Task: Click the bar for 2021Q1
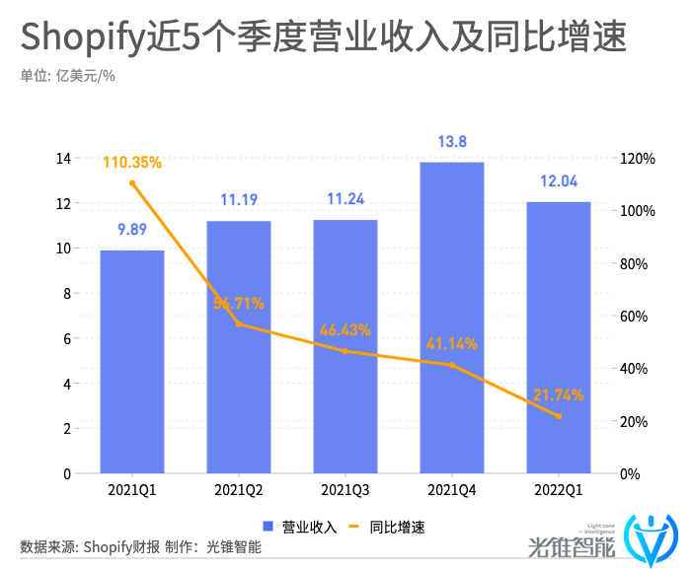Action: pos(132,362)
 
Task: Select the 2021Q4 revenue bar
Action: pos(452,318)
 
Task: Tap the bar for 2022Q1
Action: pos(559,337)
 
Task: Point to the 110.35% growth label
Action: pos(132,162)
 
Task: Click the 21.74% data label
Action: pos(559,394)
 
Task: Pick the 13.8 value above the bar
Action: pos(452,142)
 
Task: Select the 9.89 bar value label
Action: pos(132,230)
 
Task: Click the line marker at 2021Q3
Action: pos(345,351)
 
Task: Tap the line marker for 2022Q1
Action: pos(559,416)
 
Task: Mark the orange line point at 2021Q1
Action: pos(132,183)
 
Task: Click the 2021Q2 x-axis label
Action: pos(239,490)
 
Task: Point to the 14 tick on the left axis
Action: pos(63,159)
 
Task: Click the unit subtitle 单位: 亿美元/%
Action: pos(68,76)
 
